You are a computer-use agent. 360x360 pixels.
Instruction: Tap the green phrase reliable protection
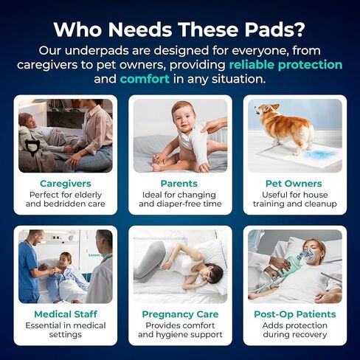[285, 65]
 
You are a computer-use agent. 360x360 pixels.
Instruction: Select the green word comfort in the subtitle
[145, 79]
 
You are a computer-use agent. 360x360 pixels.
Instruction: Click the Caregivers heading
[66, 184]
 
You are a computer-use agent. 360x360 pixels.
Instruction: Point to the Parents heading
[179, 184]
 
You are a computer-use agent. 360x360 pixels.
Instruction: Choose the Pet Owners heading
[294, 184]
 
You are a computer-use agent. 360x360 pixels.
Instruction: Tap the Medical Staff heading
[66, 314]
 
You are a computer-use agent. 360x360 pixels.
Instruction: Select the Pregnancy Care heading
[180, 314]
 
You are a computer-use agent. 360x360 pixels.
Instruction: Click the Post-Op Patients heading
[295, 314]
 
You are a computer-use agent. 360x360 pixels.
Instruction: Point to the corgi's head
[265, 110]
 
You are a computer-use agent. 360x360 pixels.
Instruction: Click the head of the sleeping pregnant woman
[211, 274]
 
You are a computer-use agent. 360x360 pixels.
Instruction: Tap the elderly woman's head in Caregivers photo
[26, 120]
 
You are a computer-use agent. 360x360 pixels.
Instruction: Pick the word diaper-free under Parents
[179, 204]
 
